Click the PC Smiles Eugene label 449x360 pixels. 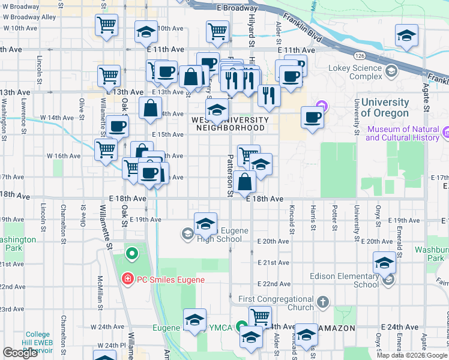coord(170,280)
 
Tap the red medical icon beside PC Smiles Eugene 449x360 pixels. coord(127,279)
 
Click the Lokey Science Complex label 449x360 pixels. coord(355,72)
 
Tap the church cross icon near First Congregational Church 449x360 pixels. coord(323,301)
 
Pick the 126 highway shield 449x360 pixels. coord(359,55)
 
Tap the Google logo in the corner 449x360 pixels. coord(20,353)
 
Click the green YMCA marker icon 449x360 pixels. coord(241,327)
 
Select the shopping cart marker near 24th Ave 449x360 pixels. coord(260,317)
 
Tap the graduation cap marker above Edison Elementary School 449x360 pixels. coord(385,262)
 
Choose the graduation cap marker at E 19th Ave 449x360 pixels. coord(205,224)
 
